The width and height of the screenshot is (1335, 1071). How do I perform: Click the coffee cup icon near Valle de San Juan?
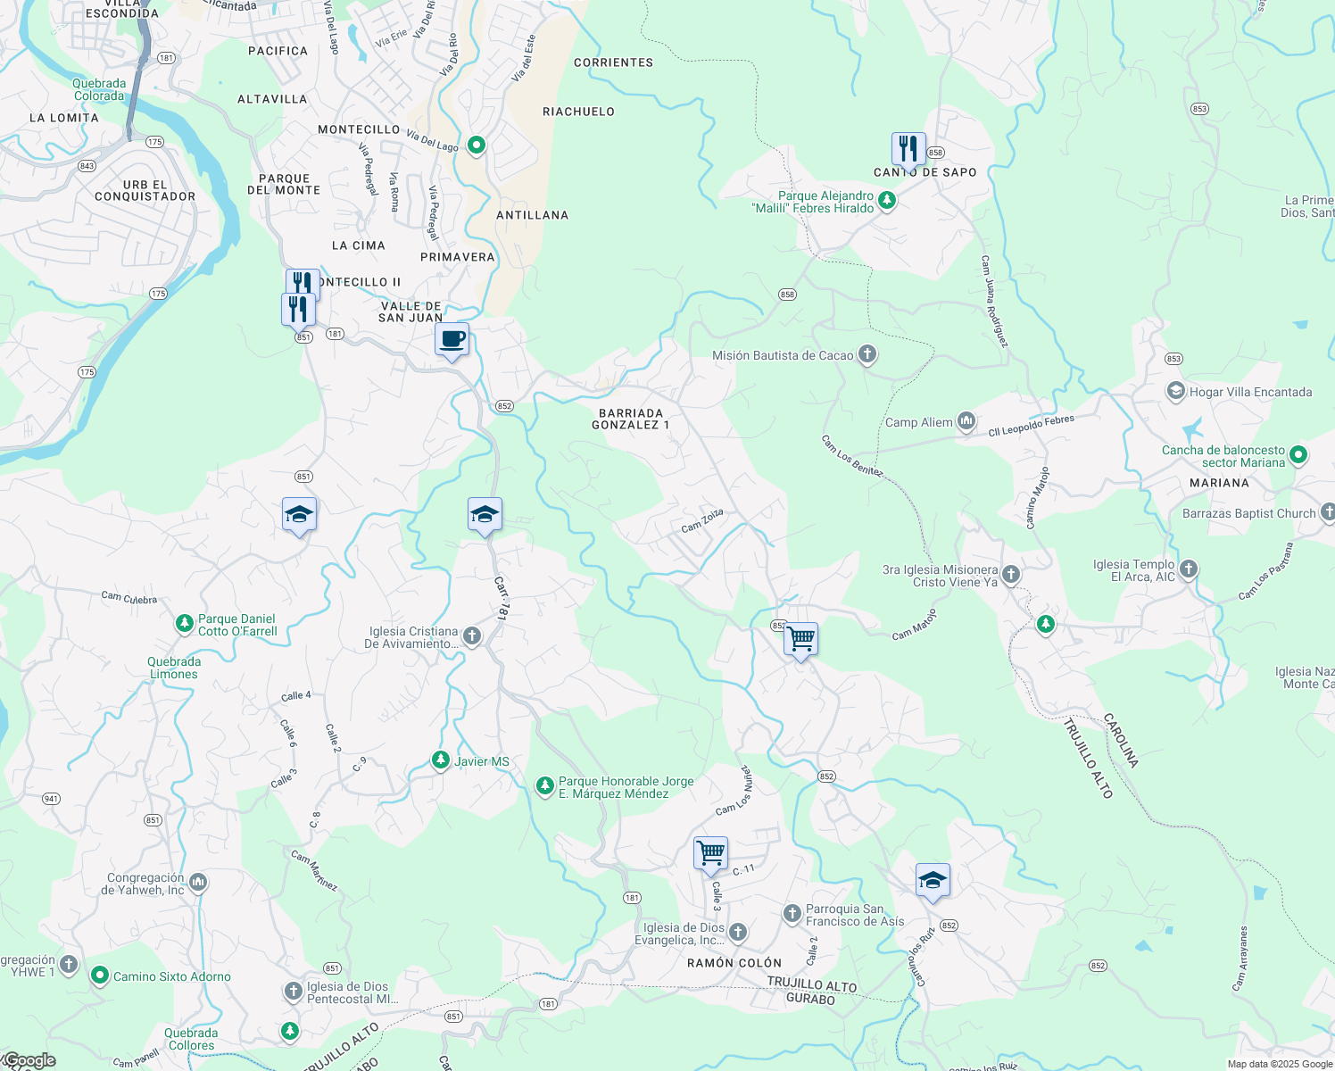tap(452, 340)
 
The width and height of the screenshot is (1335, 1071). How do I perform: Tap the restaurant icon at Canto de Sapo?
tap(908, 149)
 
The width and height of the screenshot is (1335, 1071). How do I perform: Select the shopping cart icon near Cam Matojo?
tap(801, 639)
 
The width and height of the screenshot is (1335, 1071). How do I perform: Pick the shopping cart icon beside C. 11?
tap(711, 853)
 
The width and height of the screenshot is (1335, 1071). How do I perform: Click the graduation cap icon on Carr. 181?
tap(485, 515)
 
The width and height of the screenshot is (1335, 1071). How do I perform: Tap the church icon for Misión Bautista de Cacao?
tap(867, 355)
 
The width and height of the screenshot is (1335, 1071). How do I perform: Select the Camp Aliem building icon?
tap(966, 421)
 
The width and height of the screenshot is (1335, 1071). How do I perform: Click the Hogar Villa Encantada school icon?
tap(1176, 392)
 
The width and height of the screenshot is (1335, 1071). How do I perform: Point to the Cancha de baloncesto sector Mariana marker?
tap(1298, 456)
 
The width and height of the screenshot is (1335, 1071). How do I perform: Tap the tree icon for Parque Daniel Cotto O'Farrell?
tap(184, 624)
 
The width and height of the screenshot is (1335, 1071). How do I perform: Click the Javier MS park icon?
tap(440, 760)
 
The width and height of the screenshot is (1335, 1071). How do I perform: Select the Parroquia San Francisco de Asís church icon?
tap(792, 913)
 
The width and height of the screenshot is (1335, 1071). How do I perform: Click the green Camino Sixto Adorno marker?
tap(100, 976)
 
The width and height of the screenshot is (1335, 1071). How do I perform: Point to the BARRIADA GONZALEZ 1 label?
tap(630, 419)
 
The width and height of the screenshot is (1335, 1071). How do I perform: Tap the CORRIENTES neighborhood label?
tap(613, 62)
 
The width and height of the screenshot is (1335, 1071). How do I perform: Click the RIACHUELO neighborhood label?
tap(578, 112)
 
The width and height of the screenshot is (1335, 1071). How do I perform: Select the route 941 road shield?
tap(51, 799)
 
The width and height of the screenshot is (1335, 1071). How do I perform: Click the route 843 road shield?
tap(87, 166)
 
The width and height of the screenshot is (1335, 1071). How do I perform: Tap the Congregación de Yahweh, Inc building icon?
tap(198, 883)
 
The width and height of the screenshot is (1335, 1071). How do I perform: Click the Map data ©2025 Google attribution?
tap(1279, 1064)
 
